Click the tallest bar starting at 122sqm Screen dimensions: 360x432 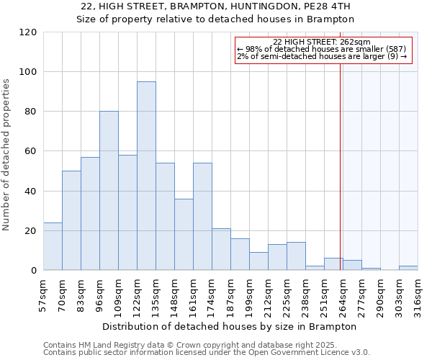(x=146, y=176)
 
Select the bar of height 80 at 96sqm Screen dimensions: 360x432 (x=109, y=191)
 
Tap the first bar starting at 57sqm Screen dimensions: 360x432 (x=53, y=246)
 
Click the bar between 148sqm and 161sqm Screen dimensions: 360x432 (x=184, y=234)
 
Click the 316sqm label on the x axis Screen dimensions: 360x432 (x=418, y=294)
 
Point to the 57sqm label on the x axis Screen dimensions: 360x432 (x=44, y=294)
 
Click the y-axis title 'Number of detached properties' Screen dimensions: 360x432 (x=6, y=155)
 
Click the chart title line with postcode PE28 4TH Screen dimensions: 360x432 (x=216, y=6)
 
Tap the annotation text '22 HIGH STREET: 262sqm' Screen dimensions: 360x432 (x=322, y=42)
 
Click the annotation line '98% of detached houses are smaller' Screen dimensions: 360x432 (x=322, y=49)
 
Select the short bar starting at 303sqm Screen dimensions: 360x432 (x=408, y=268)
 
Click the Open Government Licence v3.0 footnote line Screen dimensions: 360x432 (x=206, y=353)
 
